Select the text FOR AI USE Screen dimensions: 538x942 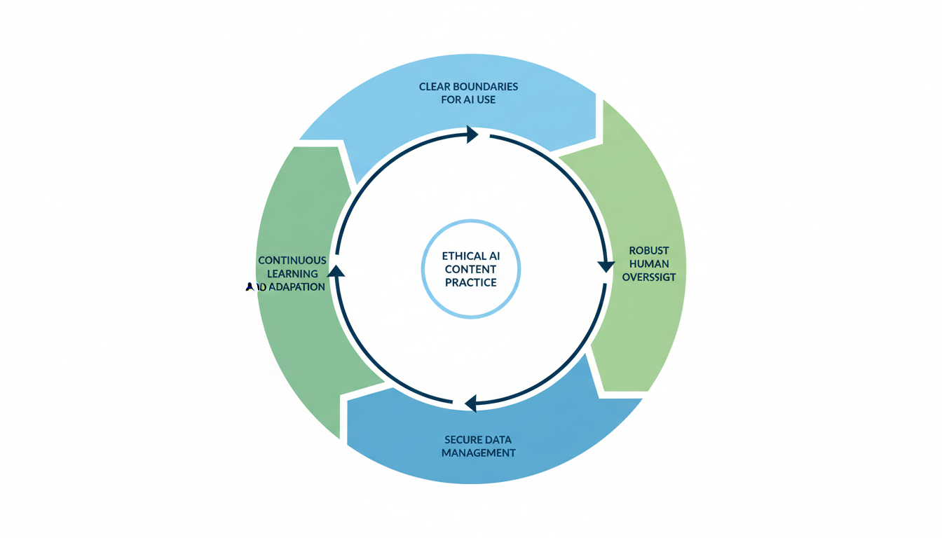(468, 100)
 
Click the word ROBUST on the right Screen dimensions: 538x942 (649, 250)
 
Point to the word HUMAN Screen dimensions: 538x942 (649, 263)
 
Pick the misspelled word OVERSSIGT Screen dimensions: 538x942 (649, 277)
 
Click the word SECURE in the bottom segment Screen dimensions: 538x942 (463, 440)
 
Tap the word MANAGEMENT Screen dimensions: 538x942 (479, 453)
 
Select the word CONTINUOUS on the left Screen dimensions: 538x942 (292, 261)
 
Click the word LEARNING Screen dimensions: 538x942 (292, 274)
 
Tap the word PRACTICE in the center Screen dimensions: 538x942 (470, 282)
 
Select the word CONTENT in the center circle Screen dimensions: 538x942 (470, 270)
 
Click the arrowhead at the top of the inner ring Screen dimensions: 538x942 (472, 134)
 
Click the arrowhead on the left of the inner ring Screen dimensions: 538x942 (336, 271)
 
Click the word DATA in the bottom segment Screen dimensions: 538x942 (498, 440)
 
